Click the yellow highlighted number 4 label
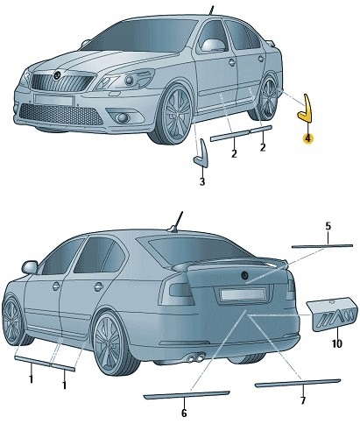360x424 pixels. click(x=307, y=137)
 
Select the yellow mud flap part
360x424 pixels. click(x=307, y=110)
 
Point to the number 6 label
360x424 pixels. click(x=184, y=412)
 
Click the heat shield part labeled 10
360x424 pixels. click(x=331, y=316)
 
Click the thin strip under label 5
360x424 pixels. click(x=325, y=246)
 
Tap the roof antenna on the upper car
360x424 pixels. click(x=211, y=11)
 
